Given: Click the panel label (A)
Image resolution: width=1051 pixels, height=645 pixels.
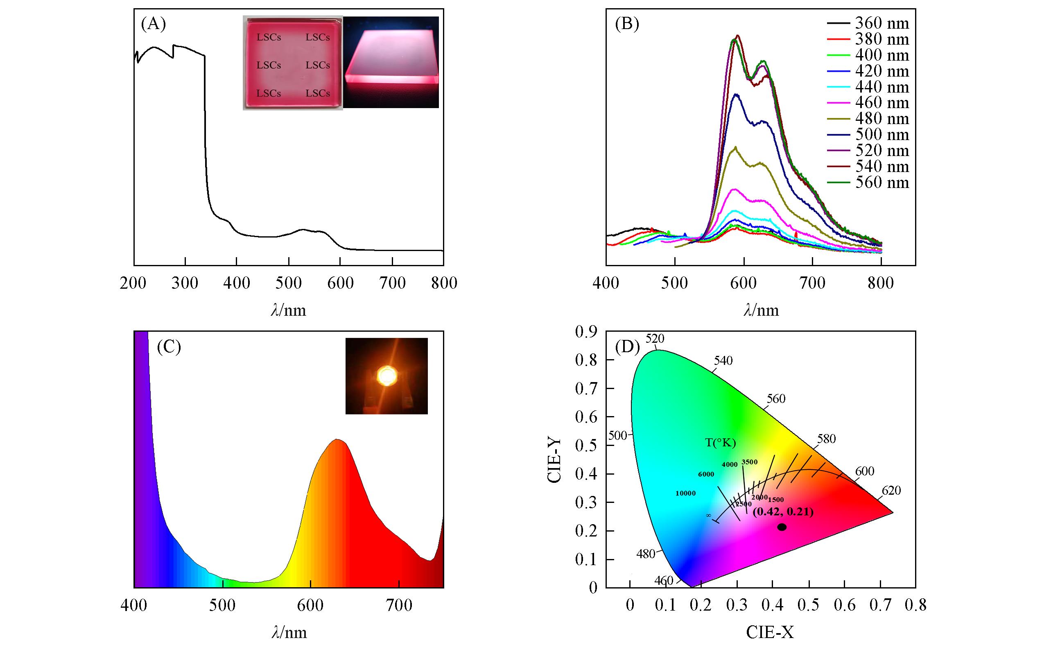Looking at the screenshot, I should tap(153, 24).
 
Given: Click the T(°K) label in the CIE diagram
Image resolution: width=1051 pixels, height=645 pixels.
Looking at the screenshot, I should tap(721, 443).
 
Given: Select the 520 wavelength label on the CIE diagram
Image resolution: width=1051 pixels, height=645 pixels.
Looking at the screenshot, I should tap(655, 339).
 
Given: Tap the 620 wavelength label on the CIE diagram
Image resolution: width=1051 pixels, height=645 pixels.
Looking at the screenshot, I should tap(891, 491).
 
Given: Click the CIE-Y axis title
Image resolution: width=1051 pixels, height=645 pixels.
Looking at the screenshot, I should tap(554, 461).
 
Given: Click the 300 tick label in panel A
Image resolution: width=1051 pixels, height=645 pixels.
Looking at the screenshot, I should tap(185, 283).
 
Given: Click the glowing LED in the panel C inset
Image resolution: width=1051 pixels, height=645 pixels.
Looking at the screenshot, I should tap(387, 376).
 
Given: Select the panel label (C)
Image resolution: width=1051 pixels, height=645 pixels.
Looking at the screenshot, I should tap(169, 347).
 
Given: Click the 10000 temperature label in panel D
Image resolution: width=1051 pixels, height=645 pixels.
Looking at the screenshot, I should tap(685, 493).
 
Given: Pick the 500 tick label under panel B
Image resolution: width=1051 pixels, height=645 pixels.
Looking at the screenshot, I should tap(675, 283).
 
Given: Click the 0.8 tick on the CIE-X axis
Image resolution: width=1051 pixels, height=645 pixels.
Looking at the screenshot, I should tap(915, 605).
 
